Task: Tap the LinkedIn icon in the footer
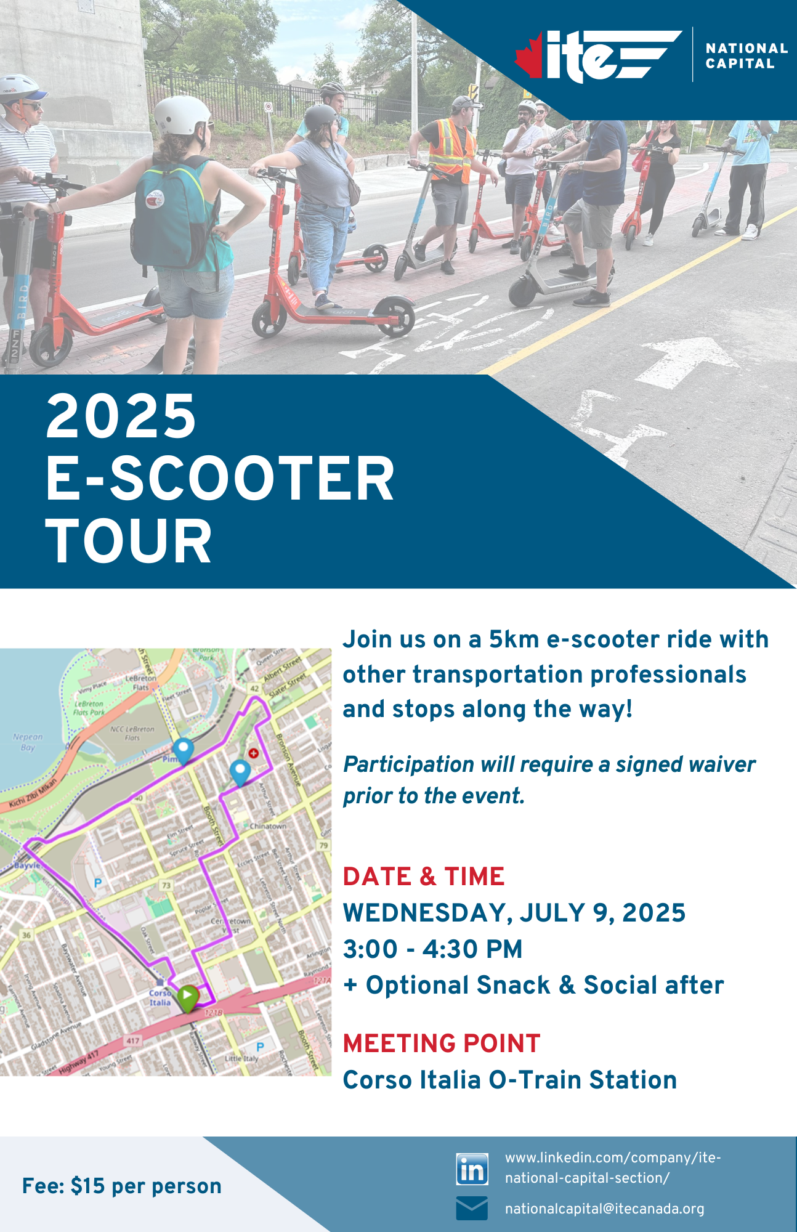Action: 472,1169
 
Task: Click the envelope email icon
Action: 472,1208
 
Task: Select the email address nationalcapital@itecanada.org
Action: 604,1209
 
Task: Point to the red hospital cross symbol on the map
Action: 253,753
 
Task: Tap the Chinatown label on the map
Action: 268,826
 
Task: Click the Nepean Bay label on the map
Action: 28,742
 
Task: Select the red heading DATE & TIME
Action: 424,876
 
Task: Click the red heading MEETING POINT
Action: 442,1044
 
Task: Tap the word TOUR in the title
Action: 129,541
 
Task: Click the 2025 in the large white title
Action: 121,416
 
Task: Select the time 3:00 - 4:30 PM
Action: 432,949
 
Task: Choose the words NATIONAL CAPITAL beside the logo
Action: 746,55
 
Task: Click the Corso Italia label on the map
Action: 160,997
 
